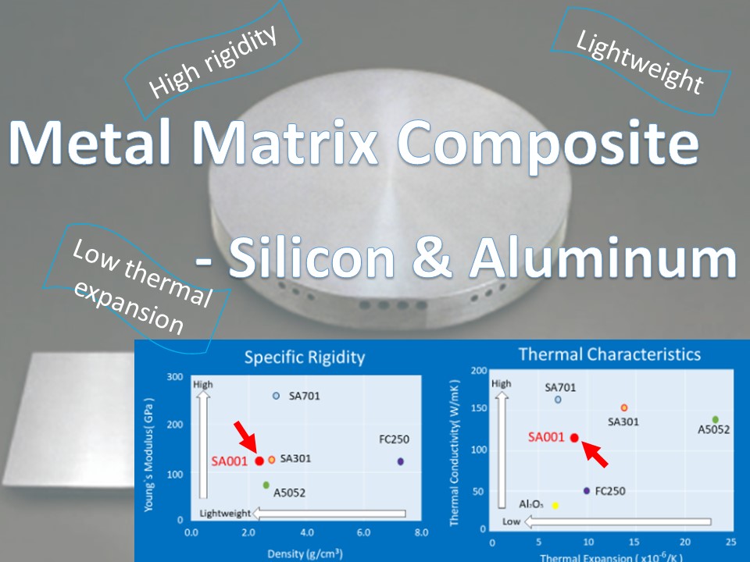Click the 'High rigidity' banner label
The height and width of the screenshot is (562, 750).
click(212, 61)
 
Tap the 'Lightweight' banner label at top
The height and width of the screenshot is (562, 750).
click(640, 61)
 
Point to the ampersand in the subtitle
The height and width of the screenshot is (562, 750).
click(432, 258)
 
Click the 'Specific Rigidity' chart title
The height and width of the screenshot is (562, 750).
click(305, 357)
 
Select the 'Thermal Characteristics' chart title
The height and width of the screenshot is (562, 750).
click(610, 354)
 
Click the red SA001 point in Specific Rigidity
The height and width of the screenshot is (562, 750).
click(259, 461)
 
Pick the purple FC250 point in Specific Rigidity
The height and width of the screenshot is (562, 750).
click(400, 461)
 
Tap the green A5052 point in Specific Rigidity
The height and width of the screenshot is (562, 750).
click(266, 485)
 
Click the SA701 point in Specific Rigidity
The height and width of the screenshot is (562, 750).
click(276, 396)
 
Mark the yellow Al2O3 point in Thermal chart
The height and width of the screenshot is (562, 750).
click(555, 506)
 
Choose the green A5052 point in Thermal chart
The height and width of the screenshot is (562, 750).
click(715, 420)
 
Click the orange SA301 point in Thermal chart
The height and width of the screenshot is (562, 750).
click(623, 407)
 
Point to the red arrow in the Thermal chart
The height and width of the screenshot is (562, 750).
click(595, 454)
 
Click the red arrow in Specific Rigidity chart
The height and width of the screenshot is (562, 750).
click(246, 436)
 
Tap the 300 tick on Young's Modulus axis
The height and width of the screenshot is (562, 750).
click(175, 376)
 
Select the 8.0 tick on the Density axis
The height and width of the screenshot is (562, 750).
click(421, 532)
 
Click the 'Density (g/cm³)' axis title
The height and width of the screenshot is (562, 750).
click(305, 554)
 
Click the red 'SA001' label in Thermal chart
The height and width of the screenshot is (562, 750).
click(546, 437)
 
